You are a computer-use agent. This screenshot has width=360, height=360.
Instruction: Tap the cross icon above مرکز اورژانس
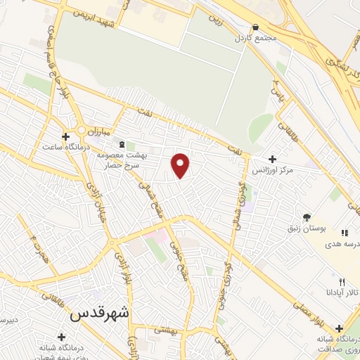(273, 160)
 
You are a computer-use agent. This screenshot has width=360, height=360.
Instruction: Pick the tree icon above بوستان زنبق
(306, 217)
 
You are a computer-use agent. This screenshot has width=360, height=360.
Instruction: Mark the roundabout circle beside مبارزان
(82, 130)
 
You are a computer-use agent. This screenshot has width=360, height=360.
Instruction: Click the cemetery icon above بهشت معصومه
(122, 145)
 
